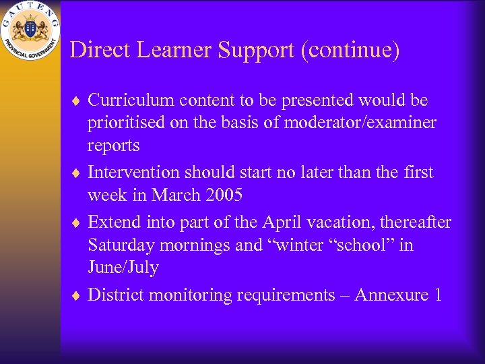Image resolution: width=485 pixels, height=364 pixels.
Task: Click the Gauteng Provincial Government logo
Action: [30, 32]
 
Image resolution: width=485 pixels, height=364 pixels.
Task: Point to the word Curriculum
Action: [129, 100]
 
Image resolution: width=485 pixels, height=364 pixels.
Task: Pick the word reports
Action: [114, 146]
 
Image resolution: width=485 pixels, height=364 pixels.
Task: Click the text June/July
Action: [123, 268]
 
